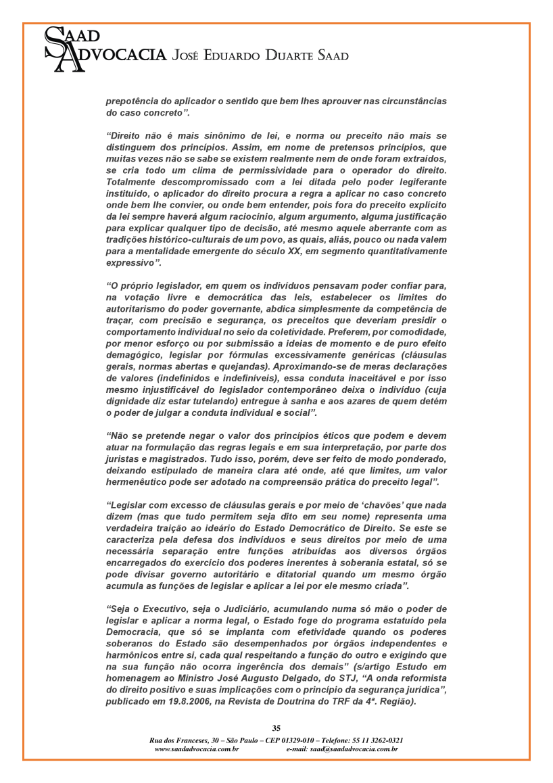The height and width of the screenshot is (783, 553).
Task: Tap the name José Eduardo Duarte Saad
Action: coord(261,55)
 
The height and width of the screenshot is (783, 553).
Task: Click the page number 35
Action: coord(276,728)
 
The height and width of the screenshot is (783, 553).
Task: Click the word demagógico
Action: coord(133,354)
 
